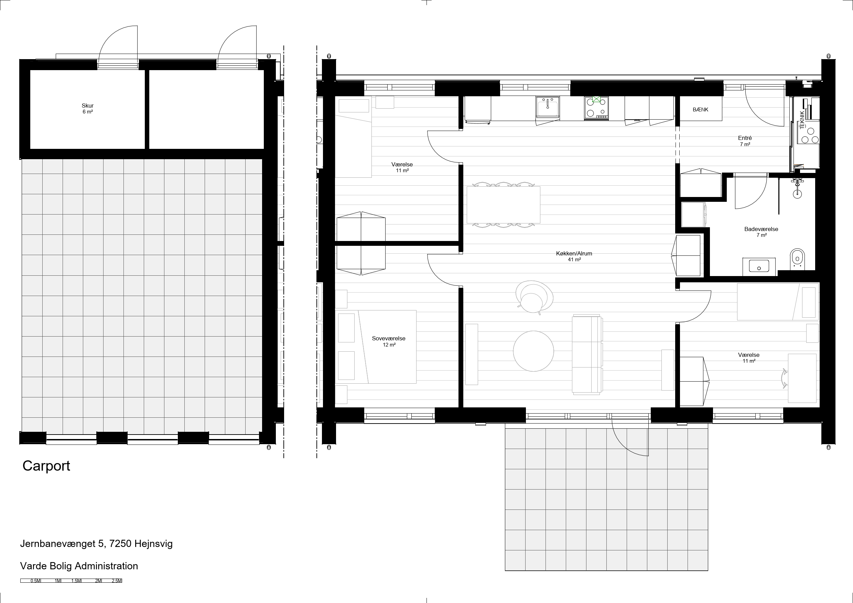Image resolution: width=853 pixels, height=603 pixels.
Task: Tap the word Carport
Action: click(x=46, y=466)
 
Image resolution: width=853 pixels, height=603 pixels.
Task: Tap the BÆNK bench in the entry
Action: click(x=701, y=109)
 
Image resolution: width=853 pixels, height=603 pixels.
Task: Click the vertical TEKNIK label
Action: click(x=802, y=120)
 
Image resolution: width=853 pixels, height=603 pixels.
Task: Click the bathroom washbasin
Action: click(x=759, y=266)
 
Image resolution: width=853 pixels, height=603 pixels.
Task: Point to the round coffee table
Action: click(x=533, y=351)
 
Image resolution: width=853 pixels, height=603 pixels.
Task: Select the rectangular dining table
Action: click(x=504, y=205)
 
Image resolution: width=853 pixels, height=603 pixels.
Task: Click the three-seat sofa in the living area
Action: click(x=587, y=354)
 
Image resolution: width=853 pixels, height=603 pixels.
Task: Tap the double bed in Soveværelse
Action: click(x=377, y=347)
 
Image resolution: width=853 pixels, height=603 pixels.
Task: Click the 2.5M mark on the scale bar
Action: click(x=117, y=581)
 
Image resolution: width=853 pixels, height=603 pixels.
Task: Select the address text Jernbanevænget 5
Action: click(x=62, y=544)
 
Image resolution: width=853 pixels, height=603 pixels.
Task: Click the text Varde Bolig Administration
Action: click(x=79, y=566)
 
